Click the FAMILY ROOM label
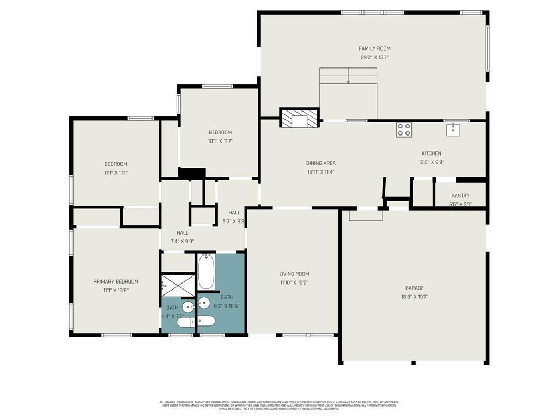(374, 48)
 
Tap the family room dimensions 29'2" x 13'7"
(374, 57)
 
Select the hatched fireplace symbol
(299, 119)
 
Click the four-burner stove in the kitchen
(404, 130)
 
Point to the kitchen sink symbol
(453, 130)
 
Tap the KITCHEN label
(431, 153)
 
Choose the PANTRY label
(460, 196)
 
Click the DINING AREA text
(320, 163)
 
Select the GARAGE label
(414, 288)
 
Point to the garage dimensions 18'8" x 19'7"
(414, 297)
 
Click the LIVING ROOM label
(294, 274)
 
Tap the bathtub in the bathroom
(206, 272)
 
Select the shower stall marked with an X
(178, 284)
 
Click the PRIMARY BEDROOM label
(116, 282)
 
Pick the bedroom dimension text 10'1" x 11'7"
(220, 141)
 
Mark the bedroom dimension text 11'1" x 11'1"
(116, 173)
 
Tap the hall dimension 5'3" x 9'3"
(234, 222)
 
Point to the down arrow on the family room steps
(348, 81)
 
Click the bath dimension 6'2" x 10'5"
(227, 306)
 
